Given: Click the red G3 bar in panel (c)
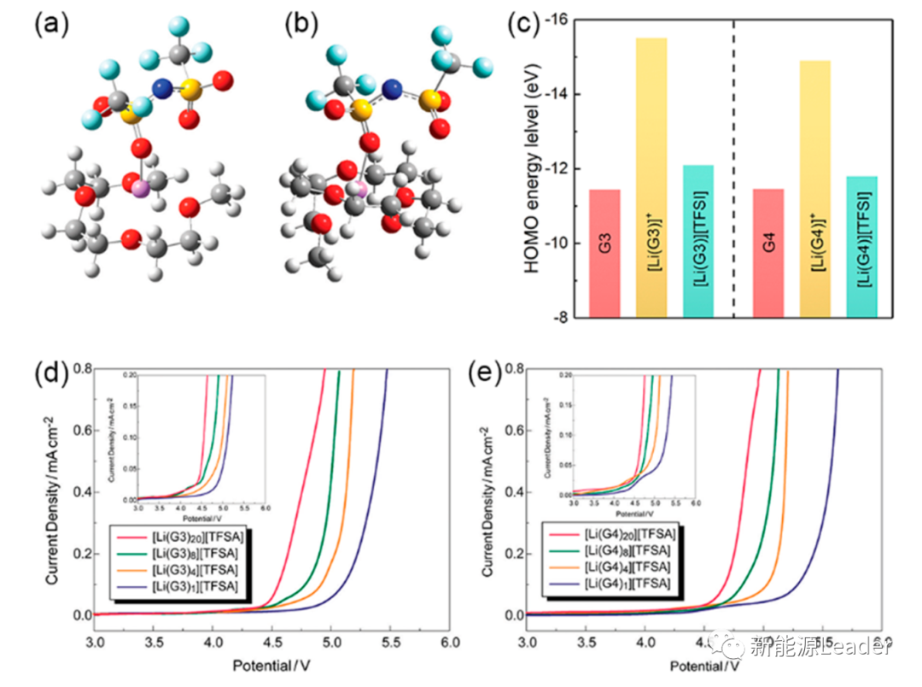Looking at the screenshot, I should pos(604,253).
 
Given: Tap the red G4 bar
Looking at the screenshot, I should pos(769,253).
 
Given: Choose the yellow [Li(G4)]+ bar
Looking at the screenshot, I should pos(814,189).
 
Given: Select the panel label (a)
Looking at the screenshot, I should pos(49,23).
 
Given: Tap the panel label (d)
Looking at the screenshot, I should pos(49,374).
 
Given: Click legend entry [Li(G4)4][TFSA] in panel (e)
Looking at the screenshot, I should pos(623,567).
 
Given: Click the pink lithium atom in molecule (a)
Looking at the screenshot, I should pos(140,186).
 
